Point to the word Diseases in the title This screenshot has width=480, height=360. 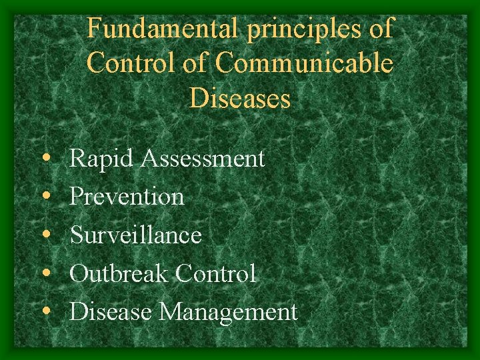(x=240, y=99)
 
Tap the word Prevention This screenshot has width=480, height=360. (x=127, y=197)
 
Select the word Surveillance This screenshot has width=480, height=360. (x=135, y=235)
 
